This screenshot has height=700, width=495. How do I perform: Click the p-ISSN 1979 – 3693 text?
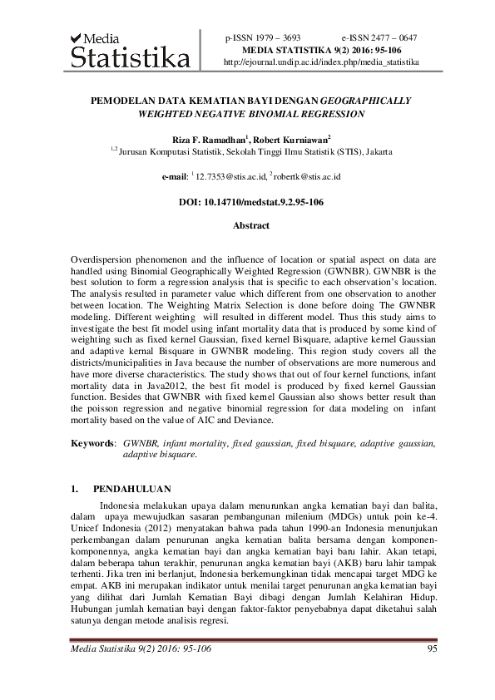[x=263, y=38]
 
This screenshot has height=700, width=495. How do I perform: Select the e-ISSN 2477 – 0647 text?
[x=379, y=38]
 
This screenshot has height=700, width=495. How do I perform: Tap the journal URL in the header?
[x=321, y=62]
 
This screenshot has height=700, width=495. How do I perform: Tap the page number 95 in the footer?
[x=431, y=649]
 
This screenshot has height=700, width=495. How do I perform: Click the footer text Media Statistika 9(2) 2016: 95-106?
[x=140, y=649]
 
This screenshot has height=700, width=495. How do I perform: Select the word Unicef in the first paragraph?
[x=87, y=530]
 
